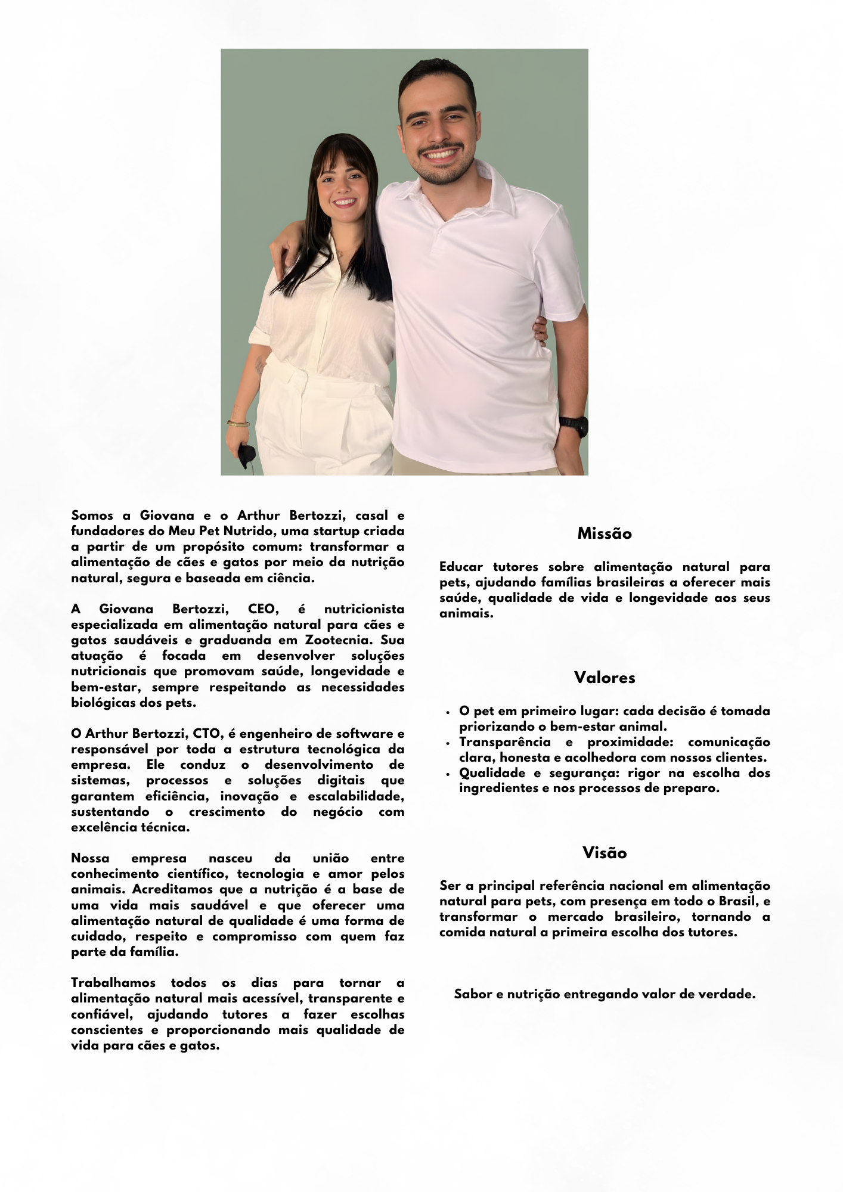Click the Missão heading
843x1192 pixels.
[x=604, y=533]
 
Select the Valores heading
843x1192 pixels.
[x=604, y=678]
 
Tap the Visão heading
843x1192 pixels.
[x=604, y=853]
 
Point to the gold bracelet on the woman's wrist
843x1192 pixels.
[x=238, y=424]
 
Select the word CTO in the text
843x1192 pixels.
[x=206, y=734]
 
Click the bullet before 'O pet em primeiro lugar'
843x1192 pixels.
[x=448, y=712]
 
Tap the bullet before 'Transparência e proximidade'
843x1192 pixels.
[x=448, y=743]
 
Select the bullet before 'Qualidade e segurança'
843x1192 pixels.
[x=448, y=774]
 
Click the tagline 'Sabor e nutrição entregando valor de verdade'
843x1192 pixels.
[x=604, y=994]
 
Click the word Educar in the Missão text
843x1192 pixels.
[x=460, y=567]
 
